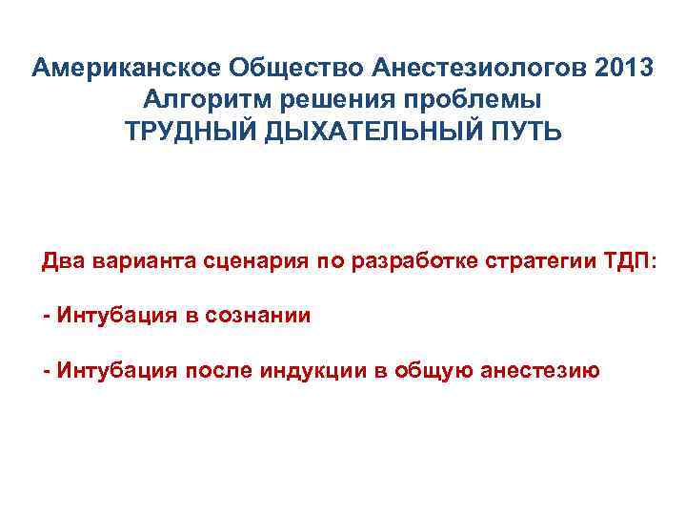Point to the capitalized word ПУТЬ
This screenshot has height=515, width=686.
pyautogui.click(x=522, y=130)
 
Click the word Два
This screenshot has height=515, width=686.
pyautogui.click(x=62, y=263)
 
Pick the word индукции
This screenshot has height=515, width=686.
pyautogui.click(x=311, y=369)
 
